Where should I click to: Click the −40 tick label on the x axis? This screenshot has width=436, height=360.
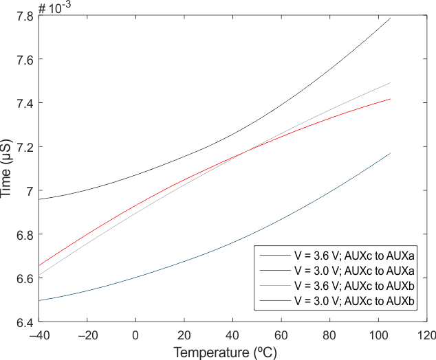[x=39, y=336]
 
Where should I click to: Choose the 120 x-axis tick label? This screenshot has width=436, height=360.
[x=426, y=336]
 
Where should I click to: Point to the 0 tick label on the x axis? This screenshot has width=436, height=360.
[x=135, y=336]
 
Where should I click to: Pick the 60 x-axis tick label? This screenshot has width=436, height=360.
[x=281, y=336]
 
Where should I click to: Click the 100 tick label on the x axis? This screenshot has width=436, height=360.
[x=378, y=336]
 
